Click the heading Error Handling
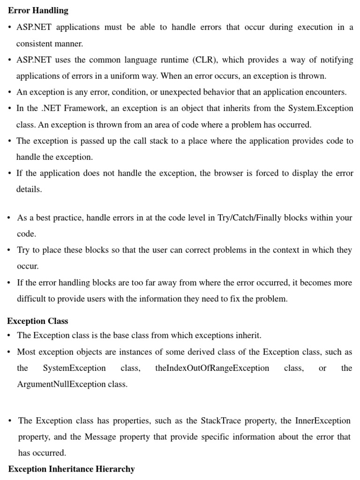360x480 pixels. (x=38, y=10)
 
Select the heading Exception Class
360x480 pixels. (x=37, y=321)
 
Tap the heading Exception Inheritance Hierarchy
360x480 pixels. (x=71, y=469)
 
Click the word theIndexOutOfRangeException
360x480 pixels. (x=212, y=368)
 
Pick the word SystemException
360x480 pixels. (x=74, y=368)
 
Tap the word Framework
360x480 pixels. (x=84, y=108)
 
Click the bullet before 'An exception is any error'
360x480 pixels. (x=9, y=92)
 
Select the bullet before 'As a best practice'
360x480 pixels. (x=9, y=218)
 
